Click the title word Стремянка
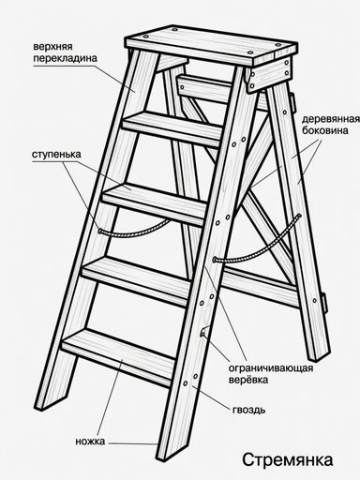coord(288,459)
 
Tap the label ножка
coord(90,442)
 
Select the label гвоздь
coord(249,410)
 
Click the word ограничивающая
coord(271,367)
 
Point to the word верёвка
coord(248,380)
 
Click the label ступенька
coord(56,155)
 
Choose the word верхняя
coord(52,47)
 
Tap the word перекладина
coord(65,58)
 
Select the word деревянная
coord(331,119)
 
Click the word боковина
coord(325,130)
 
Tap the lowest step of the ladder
coord(119,356)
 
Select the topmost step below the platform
coord(172,128)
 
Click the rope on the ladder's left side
coord(134,231)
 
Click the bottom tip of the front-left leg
coord(40,408)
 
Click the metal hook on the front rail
coord(204,332)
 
